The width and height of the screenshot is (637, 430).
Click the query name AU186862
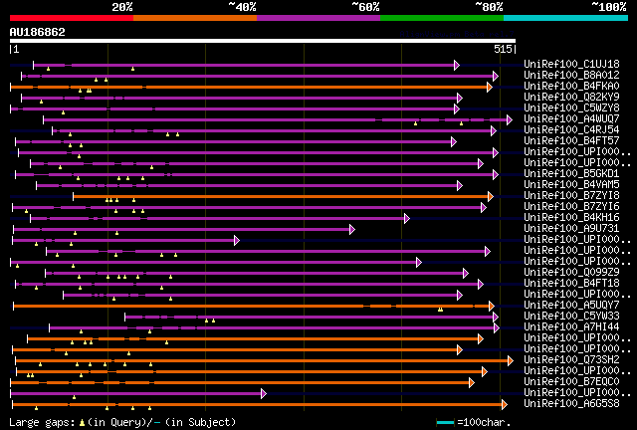coord(38,32)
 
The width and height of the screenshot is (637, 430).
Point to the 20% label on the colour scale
coord(122,6)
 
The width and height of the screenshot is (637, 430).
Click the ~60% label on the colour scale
coord(365,6)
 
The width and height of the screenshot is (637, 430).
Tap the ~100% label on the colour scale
coord(609,6)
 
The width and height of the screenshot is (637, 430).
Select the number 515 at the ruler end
coord(502,48)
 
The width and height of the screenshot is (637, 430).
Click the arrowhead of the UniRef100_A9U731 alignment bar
coord(352,229)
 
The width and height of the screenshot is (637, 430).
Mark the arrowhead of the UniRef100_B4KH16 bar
coord(407,218)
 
